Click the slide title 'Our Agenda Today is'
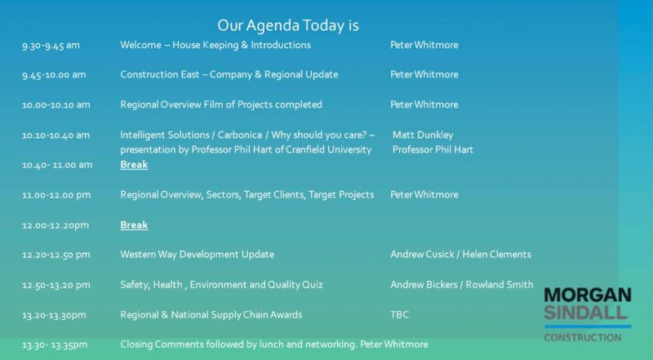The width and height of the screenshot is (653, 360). pyautogui.click(x=288, y=25)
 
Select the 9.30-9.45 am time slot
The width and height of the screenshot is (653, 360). pyautogui.click(x=51, y=46)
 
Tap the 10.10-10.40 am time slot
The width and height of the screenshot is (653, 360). pyautogui.click(x=56, y=135)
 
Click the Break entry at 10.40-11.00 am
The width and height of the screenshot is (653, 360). pyautogui.click(x=134, y=165)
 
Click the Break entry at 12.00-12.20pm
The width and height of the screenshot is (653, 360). pyautogui.click(x=134, y=225)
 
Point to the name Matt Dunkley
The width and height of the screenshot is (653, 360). pyautogui.click(x=423, y=135)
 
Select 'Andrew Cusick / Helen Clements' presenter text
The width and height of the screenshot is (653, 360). pyautogui.click(x=460, y=254)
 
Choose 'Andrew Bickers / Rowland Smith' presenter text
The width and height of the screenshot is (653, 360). pyautogui.click(x=462, y=285)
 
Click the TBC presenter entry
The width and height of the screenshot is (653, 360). pyautogui.click(x=399, y=314)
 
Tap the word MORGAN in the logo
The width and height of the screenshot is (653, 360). pyautogui.click(x=588, y=295)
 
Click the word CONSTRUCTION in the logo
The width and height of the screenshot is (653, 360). pyautogui.click(x=583, y=337)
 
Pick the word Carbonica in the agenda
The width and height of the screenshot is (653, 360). pyautogui.click(x=240, y=135)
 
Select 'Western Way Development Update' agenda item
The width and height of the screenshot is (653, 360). pyautogui.click(x=197, y=255)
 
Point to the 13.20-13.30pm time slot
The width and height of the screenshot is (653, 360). pyautogui.click(x=54, y=315)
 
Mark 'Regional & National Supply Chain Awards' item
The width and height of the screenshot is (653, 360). pyautogui.click(x=211, y=314)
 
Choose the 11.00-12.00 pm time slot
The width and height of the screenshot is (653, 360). pyautogui.click(x=56, y=195)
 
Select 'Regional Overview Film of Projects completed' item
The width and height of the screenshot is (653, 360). pyautogui.click(x=221, y=104)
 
